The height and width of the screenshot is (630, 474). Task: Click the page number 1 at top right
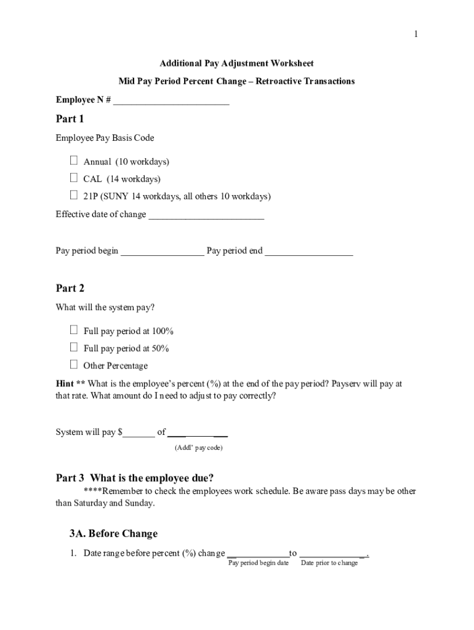coord(416,34)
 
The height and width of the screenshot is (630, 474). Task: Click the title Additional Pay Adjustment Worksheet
coord(236,63)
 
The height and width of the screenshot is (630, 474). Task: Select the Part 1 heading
coord(70,119)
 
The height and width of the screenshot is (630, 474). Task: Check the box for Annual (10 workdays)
coord(74,161)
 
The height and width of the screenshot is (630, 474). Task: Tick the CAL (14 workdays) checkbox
coord(74,178)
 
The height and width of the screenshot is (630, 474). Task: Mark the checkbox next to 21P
coord(74,196)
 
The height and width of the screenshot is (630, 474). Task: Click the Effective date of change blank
coord(206,215)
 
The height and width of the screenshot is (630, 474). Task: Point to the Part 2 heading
coord(70,288)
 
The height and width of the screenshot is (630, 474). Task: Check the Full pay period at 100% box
coord(74,330)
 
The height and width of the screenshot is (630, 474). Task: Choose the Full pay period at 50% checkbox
coord(74,348)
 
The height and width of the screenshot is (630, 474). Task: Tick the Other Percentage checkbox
coord(74,365)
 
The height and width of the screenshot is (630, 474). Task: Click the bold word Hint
coord(65,383)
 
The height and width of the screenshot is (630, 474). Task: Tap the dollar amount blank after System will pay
coord(140,433)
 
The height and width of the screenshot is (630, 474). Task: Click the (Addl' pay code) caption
coord(198,447)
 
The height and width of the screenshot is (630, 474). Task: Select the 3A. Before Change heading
coord(113,533)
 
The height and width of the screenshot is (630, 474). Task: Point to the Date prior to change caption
coord(329,563)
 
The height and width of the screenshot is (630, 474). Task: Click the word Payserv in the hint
coord(347,383)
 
